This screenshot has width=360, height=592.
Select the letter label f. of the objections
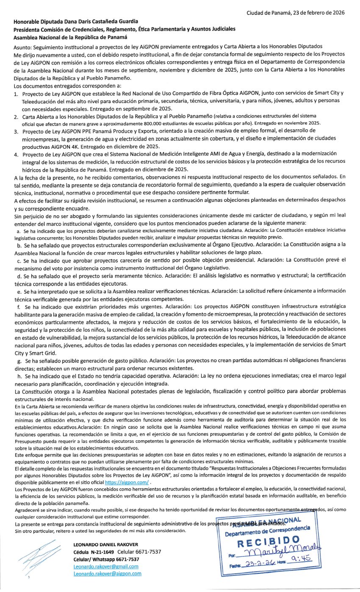tap(18, 306)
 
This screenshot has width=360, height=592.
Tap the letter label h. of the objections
tap(19, 376)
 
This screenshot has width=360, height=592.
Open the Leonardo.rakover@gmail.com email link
tap(105, 566)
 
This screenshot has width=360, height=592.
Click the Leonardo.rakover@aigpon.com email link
tap(107, 573)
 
